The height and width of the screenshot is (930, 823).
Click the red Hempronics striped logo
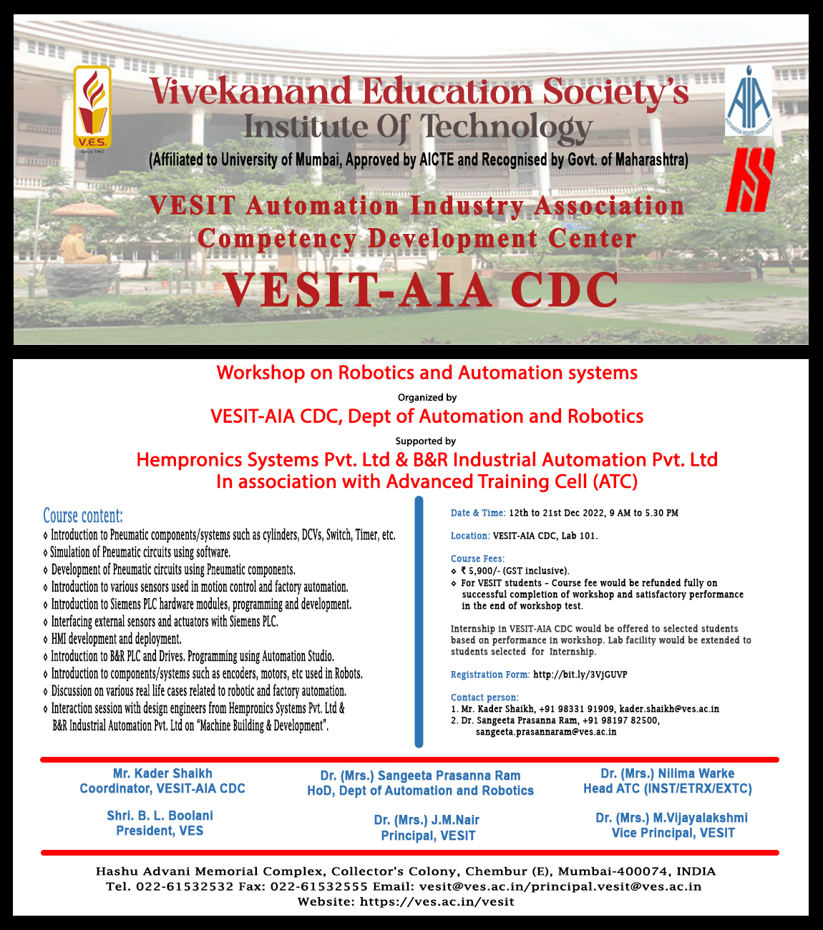click(x=749, y=180)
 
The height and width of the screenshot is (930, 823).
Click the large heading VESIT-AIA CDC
click(x=421, y=290)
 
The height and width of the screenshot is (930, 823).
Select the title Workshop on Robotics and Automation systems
click(x=427, y=373)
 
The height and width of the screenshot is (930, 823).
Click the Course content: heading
click(x=83, y=516)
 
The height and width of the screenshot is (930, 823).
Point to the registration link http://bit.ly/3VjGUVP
click(x=580, y=675)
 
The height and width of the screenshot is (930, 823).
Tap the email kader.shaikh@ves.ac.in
click(x=669, y=709)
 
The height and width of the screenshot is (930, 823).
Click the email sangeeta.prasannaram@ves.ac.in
click(x=546, y=732)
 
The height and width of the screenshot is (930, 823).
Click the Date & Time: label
click(x=478, y=513)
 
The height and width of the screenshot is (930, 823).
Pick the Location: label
click(x=470, y=536)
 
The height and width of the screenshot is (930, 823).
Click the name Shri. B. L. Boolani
click(x=160, y=816)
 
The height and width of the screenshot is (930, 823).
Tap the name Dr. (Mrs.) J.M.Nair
click(x=427, y=820)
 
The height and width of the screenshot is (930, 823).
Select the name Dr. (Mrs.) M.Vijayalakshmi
click(x=671, y=818)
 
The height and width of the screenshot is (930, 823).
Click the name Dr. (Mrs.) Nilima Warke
click(x=667, y=773)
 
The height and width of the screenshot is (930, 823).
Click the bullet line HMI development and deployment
click(x=116, y=639)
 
